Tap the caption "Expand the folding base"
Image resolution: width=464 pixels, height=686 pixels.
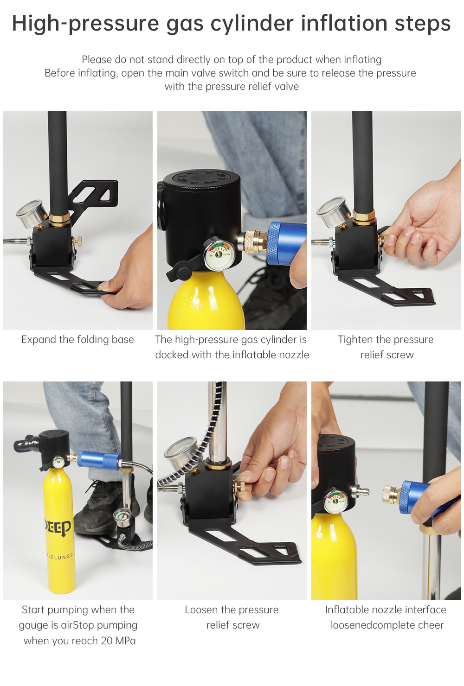(x=77, y=340)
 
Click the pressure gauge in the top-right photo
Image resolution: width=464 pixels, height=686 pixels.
(x=332, y=212)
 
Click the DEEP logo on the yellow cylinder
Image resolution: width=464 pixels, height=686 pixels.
(x=58, y=527)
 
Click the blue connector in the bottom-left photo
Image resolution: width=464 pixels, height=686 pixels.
(x=98, y=459)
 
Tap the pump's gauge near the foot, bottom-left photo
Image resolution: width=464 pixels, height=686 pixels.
(x=122, y=516)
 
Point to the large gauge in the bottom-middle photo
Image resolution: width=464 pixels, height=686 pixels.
(x=180, y=452)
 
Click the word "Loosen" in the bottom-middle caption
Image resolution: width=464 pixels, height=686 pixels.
(x=201, y=610)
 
